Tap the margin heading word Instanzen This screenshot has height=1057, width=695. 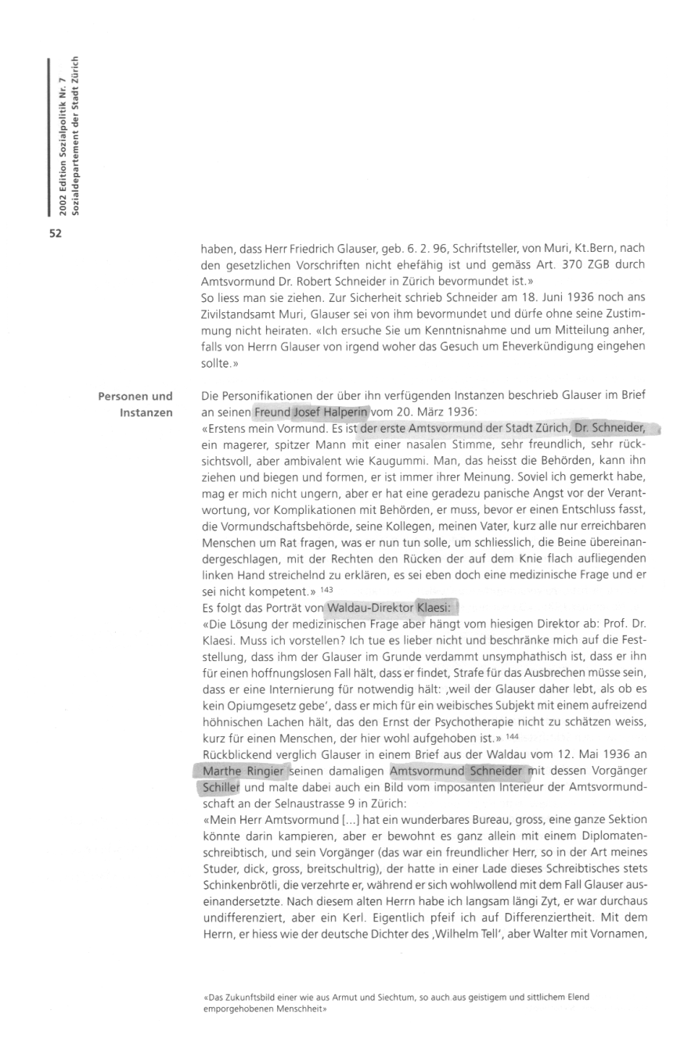(x=146, y=412)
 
